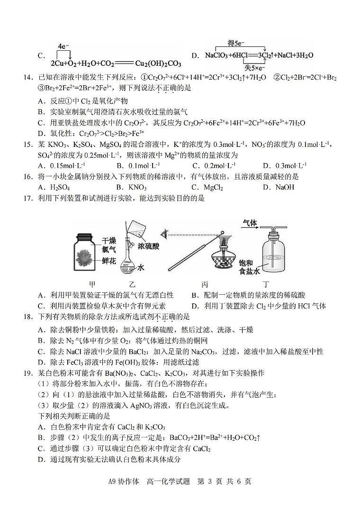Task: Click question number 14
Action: (x=29, y=77)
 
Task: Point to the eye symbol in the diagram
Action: (x=164, y=233)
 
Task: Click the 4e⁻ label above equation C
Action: (x=63, y=46)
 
